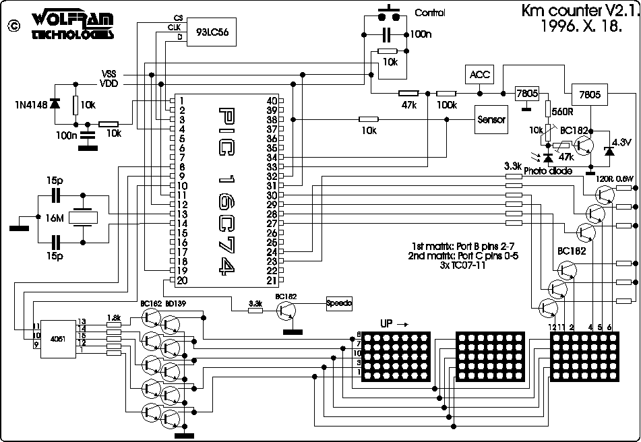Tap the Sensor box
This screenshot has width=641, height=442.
click(491, 119)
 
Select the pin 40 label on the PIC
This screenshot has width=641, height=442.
click(272, 100)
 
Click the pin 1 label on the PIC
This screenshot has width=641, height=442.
click(182, 100)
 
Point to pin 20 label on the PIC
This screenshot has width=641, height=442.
click(182, 280)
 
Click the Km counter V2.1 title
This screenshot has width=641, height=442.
click(578, 11)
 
